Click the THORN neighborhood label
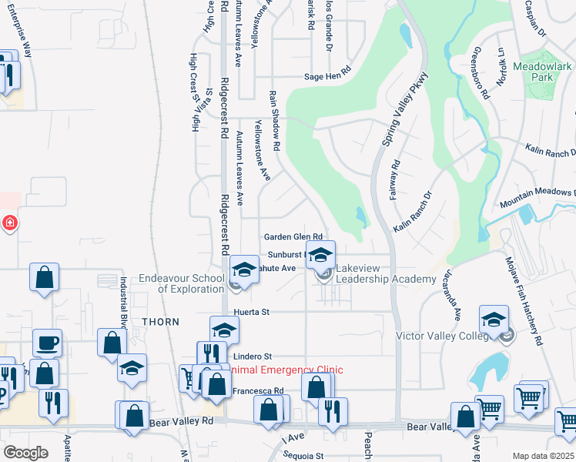pyautogui.click(x=160, y=322)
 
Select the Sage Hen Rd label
pyautogui.click(x=327, y=77)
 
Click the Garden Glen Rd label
pyautogui.click(x=292, y=237)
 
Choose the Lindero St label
pyautogui.click(x=253, y=357)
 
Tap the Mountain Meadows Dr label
pyautogui.click(x=537, y=198)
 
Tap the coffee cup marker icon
pyautogui.click(x=48, y=343)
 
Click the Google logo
pyautogui.click(x=25, y=453)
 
